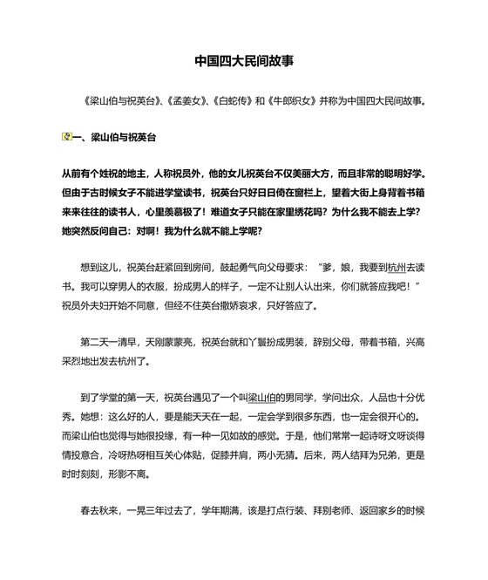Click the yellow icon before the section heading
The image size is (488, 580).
click(67, 137)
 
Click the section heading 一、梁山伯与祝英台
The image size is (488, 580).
click(113, 137)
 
